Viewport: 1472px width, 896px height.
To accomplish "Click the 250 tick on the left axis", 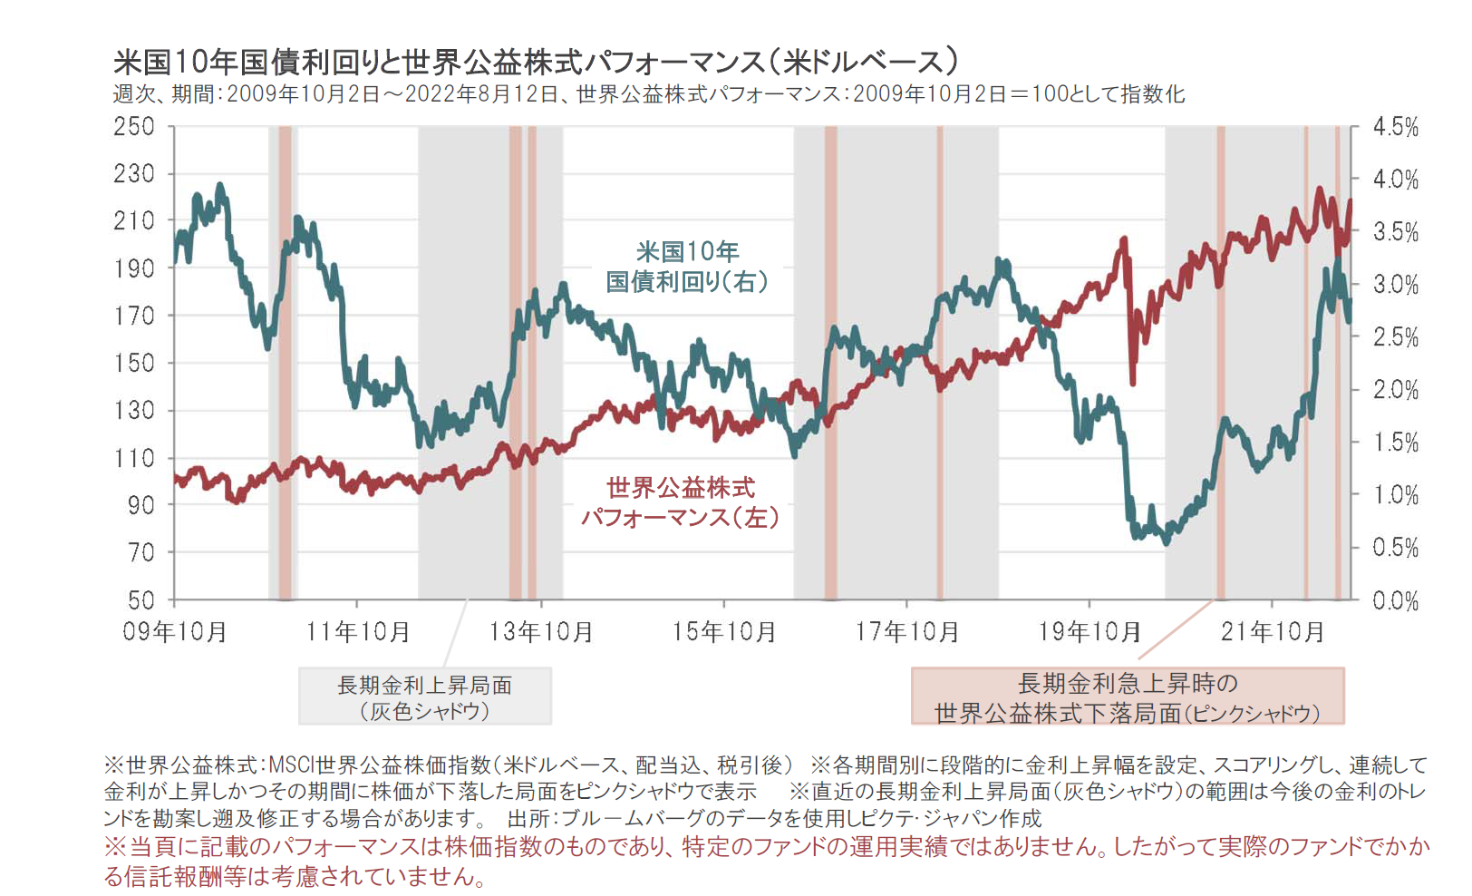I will [134, 127].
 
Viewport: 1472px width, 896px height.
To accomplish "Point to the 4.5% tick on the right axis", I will [1395, 127].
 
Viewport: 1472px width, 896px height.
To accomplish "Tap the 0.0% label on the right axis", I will [1395, 600].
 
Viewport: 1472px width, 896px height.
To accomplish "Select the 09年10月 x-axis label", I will [175, 631].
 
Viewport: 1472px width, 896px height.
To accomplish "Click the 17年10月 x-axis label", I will [906, 631].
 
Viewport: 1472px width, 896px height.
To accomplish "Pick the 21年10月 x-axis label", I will [1272, 631].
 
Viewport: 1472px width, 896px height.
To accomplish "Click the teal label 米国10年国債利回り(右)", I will [687, 267].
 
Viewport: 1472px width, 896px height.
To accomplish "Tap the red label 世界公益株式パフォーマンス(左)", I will [680, 502].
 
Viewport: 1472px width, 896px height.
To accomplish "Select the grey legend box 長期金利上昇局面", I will [425, 696].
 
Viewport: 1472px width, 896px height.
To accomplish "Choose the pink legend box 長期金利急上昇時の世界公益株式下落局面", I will [1127, 696].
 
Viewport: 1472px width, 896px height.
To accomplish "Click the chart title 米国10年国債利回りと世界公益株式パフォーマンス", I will [535, 62].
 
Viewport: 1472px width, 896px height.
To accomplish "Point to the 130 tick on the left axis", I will [134, 411].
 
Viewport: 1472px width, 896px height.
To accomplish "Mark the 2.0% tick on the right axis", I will [1395, 390].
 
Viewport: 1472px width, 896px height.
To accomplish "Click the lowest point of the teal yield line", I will [1166, 542].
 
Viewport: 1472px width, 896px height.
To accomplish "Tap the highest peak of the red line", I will [1320, 190].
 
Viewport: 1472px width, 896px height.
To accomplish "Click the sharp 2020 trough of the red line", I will [1133, 383].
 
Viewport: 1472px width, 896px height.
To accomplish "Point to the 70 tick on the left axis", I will [140, 552].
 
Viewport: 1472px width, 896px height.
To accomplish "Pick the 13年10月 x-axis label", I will [541, 631].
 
